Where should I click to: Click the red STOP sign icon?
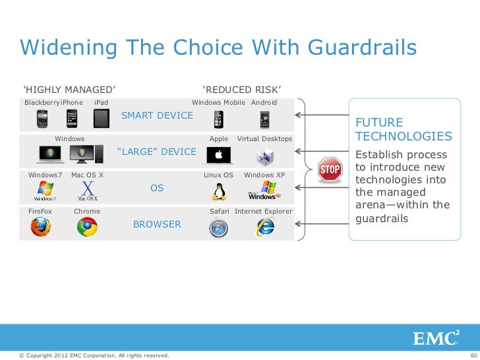point(330,169)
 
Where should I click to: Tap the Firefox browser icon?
point(40,226)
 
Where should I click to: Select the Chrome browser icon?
point(87,226)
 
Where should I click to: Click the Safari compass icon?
point(218,227)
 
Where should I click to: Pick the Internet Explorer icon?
point(266,227)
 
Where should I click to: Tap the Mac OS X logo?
point(87,191)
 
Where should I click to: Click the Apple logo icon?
point(218,155)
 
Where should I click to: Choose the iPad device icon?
point(101,119)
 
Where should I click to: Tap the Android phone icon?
point(265,119)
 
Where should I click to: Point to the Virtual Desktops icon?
point(265,156)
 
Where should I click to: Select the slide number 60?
point(472,356)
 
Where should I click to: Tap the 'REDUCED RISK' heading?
point(242,90)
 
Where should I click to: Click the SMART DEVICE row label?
point(158,116)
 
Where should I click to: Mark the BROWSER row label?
point(157,224)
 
